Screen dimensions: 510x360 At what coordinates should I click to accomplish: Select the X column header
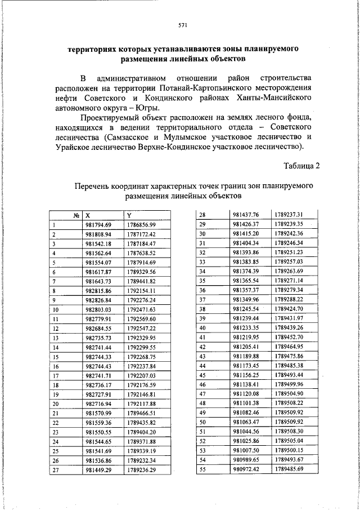[x=87, y=215]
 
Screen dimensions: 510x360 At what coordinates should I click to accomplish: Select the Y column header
[x=129, y=215]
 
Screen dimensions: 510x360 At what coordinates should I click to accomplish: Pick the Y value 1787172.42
[x=141, y=233]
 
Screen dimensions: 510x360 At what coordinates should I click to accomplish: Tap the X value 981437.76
[x=245, y=215]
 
